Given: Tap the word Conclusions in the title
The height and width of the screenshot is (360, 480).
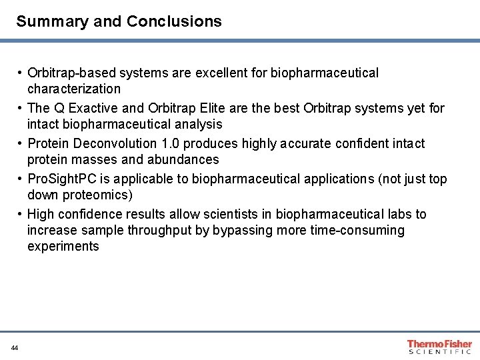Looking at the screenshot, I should coord(174,21).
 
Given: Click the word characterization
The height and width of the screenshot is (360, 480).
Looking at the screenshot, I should coord(74,89).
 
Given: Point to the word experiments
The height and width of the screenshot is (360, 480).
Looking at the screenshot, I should coord(63,246).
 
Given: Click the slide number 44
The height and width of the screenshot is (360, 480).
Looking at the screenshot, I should coord(15,348).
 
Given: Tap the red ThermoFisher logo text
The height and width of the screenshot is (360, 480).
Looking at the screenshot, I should coord(440,343).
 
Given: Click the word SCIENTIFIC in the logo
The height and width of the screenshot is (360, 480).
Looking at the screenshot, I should coord(440,351).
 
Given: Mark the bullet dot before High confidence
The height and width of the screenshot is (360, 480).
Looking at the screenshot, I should coord(21,214).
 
